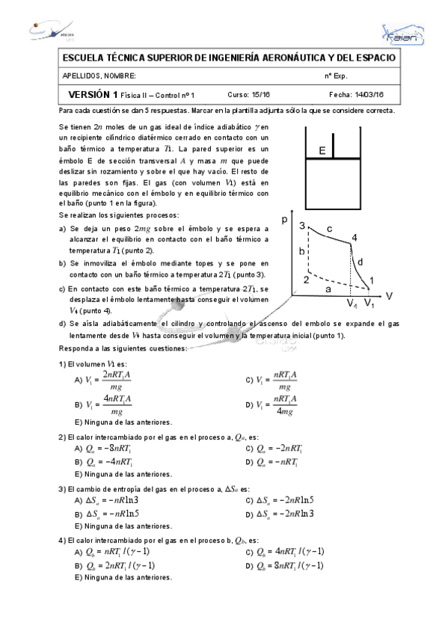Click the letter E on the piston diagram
click(322, 152)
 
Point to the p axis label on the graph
click(285, 219)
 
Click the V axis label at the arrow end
click(389, 296)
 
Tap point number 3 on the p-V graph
click(301, 226)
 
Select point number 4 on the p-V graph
click(355, 238)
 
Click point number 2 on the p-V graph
click(306, 280)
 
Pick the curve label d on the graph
click(360, 262)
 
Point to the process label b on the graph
click(302, 252)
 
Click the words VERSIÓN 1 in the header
click(93, 95)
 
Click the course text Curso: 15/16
click(248, 95)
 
